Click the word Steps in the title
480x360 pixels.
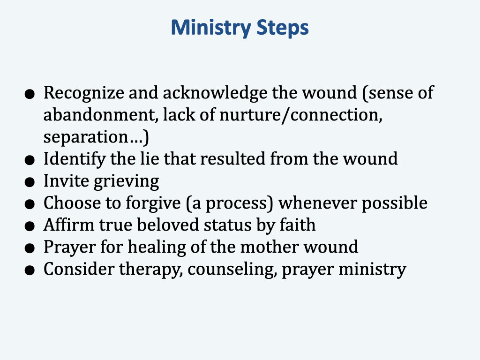(282, 29)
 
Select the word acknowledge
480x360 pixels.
(216, 93)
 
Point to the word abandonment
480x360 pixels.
(99, 115)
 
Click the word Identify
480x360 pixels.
(75, 159)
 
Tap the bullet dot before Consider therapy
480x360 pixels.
(30, 271)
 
